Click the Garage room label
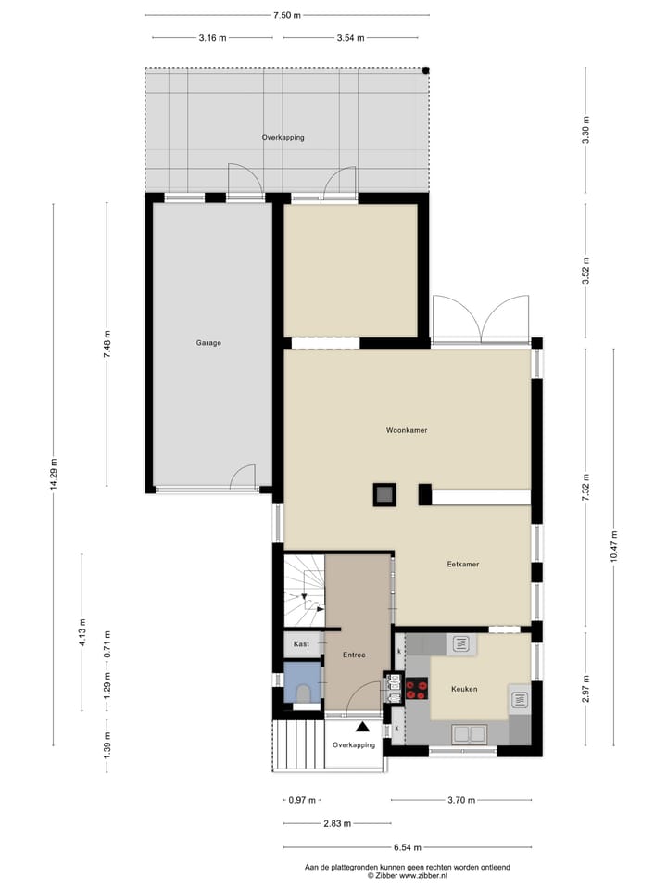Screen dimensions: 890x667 pyautogui.click(x=208, y=343)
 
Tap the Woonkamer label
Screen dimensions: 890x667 pyautogui.click(x=407, y=430)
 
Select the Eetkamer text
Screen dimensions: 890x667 pyautogui.click(x=461, y=564)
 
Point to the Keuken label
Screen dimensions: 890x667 pyautogui.click(x=464, y=689)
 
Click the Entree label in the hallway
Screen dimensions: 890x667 pyautogui.click(x=354, y=655)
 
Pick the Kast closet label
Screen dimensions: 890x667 pyautogui.click(x=301, y=643)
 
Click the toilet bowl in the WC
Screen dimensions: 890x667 pyautogui.click(x=302, y=691)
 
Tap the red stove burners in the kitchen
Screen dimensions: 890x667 pyautogui.click(x=417, y=689)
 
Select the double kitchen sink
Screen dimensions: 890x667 pyautogui.click(x=470, y=734)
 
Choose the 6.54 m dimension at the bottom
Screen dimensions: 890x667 pyautogui.click(x=407, y=847)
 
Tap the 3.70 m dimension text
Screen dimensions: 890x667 pyautogui.click(x=460, y=800)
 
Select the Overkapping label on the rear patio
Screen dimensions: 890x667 pyautogui.click(x=283, y=137)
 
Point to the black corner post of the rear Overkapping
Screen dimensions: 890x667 pyautogui.click(x=426, y=70)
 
